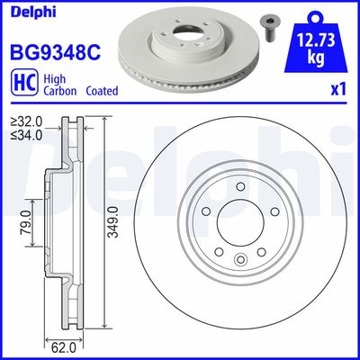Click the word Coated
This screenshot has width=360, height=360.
(x=103, y=91)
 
